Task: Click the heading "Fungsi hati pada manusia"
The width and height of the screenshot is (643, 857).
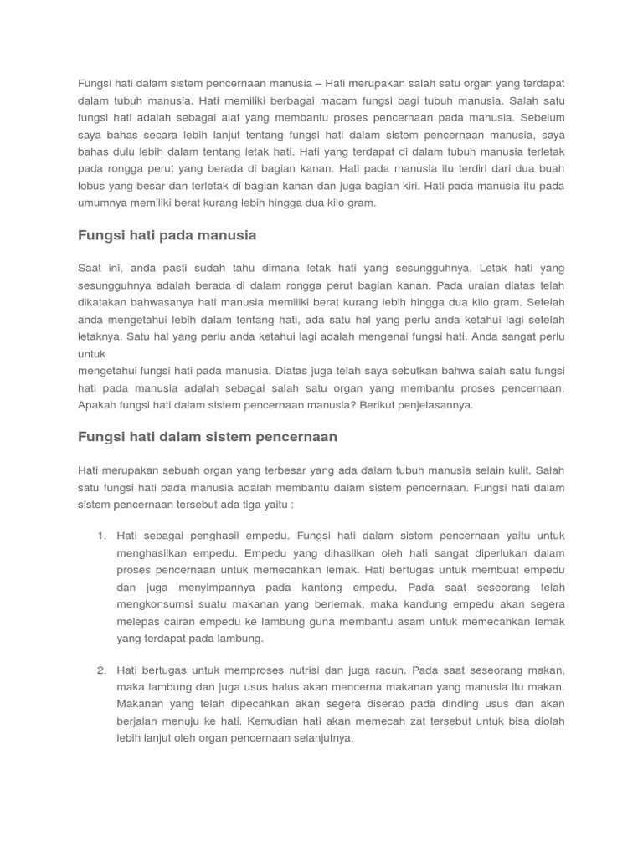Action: [167, 236]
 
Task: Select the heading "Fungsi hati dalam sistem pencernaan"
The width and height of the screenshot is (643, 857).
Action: [207, 437]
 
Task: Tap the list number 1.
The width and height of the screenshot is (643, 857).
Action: [101, 536]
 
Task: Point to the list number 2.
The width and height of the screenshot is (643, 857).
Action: [101, 670]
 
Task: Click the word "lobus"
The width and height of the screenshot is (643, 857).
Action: [91, 186]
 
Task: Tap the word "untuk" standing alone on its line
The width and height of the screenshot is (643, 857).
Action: [91, 354]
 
